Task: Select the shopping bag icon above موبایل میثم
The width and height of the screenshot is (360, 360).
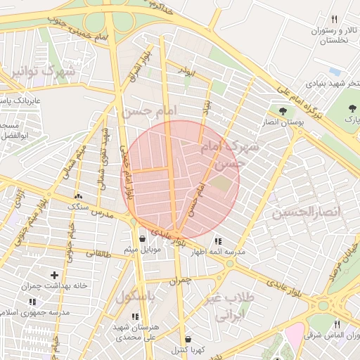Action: (x=143, y=238)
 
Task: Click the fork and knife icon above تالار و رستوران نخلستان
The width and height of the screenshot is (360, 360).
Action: (x=335, y=20)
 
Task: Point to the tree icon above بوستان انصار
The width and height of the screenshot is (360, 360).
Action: (x=283, y=111)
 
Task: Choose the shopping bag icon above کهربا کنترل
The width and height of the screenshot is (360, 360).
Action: (x=186, y=338)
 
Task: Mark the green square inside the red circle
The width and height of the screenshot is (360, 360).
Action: (x=221, y=184)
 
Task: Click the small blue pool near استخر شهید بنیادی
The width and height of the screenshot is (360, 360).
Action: (x=334, y=72)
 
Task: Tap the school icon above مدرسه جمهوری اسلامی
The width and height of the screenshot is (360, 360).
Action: (x=32, y=301)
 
